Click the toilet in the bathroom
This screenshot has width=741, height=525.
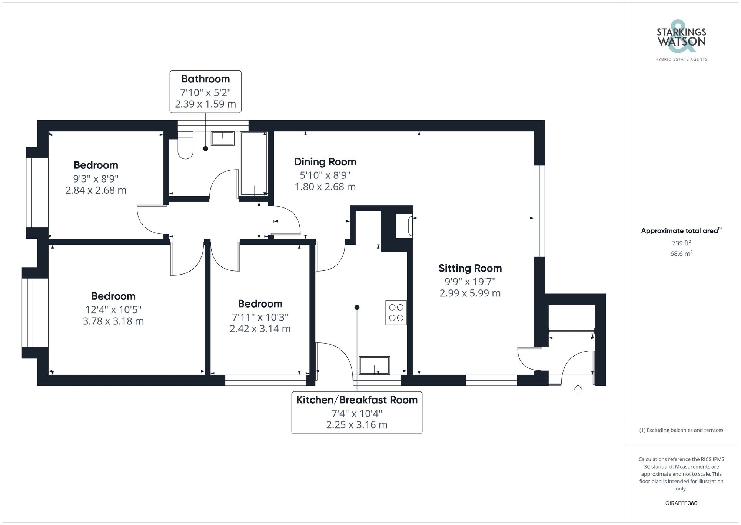pos(185,145)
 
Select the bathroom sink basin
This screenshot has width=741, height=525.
pos(222,138)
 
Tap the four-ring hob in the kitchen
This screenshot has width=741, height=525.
pos(396,312)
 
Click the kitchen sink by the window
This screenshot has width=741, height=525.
pos(374,365)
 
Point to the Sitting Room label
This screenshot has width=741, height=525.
pos(470,268)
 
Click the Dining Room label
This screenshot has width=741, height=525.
pos(325,162)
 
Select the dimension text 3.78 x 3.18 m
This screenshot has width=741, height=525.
pos(113,321)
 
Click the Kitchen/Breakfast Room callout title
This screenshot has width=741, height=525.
pos(357,400)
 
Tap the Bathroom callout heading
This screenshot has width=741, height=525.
pos(205,79)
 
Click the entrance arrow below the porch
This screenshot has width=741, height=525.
pos(578,389)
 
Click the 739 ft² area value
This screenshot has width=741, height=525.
pos(681,243)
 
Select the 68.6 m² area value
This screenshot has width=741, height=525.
pos(681,254)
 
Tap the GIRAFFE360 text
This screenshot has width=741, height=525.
pos(681,503)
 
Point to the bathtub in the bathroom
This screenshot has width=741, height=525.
pos(254,164)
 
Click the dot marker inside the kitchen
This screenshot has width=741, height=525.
pos(357,308)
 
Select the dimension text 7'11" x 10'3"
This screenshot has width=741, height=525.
pos(260,317)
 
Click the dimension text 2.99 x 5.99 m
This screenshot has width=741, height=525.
pos(470,293)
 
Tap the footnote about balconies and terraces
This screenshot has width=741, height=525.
pos(681,430)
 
